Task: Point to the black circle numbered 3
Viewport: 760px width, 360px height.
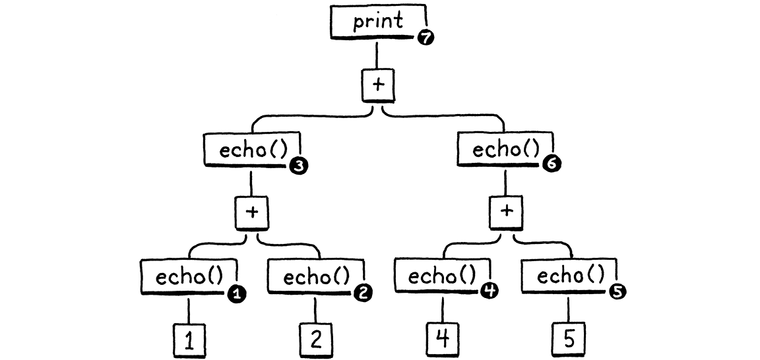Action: click(x=298, y=167)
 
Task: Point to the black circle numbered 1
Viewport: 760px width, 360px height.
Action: click(x=234, y=295)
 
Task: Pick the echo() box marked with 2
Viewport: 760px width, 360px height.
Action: click(x=316, y=278)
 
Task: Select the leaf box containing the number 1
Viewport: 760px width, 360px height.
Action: click(x=189, y=340)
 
